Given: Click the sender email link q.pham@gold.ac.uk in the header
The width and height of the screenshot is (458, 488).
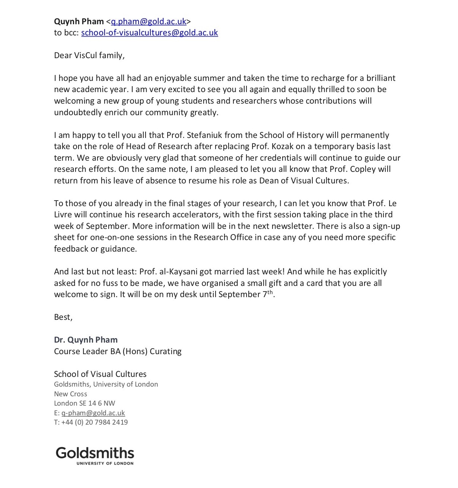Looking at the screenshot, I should [x=149, y=21].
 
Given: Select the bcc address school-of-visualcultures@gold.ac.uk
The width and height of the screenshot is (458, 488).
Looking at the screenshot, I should [x=149, y=32].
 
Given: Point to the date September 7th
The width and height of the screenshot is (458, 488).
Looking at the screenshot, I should [x=246, y=294].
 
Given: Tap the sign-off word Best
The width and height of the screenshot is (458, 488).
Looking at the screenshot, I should [x=62, y=317].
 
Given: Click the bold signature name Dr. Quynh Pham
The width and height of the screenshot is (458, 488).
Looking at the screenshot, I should [x=86, y=340].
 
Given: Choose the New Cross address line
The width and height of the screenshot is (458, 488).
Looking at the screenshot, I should [x=70, y=394].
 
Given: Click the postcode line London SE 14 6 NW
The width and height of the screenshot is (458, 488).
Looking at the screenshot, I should [x=85, y=403].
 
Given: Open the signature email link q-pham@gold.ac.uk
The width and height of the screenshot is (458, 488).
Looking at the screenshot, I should [x=93, y=413].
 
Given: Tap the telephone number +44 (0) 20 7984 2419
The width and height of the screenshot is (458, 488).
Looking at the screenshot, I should [x=95, y=422].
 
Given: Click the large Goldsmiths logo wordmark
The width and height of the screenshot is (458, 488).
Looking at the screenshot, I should [x=95, y=453].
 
